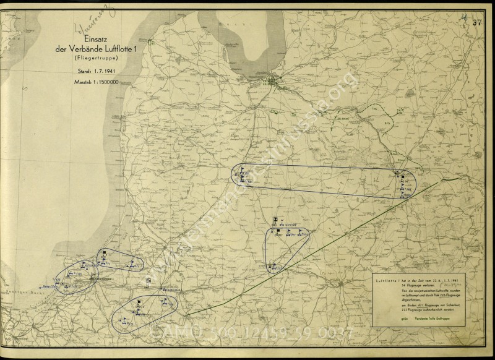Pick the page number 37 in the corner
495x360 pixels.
[x=476, y=24]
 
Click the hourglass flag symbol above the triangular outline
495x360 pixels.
[x=275, y=220]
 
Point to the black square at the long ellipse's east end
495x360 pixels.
[x=402, y=177]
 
